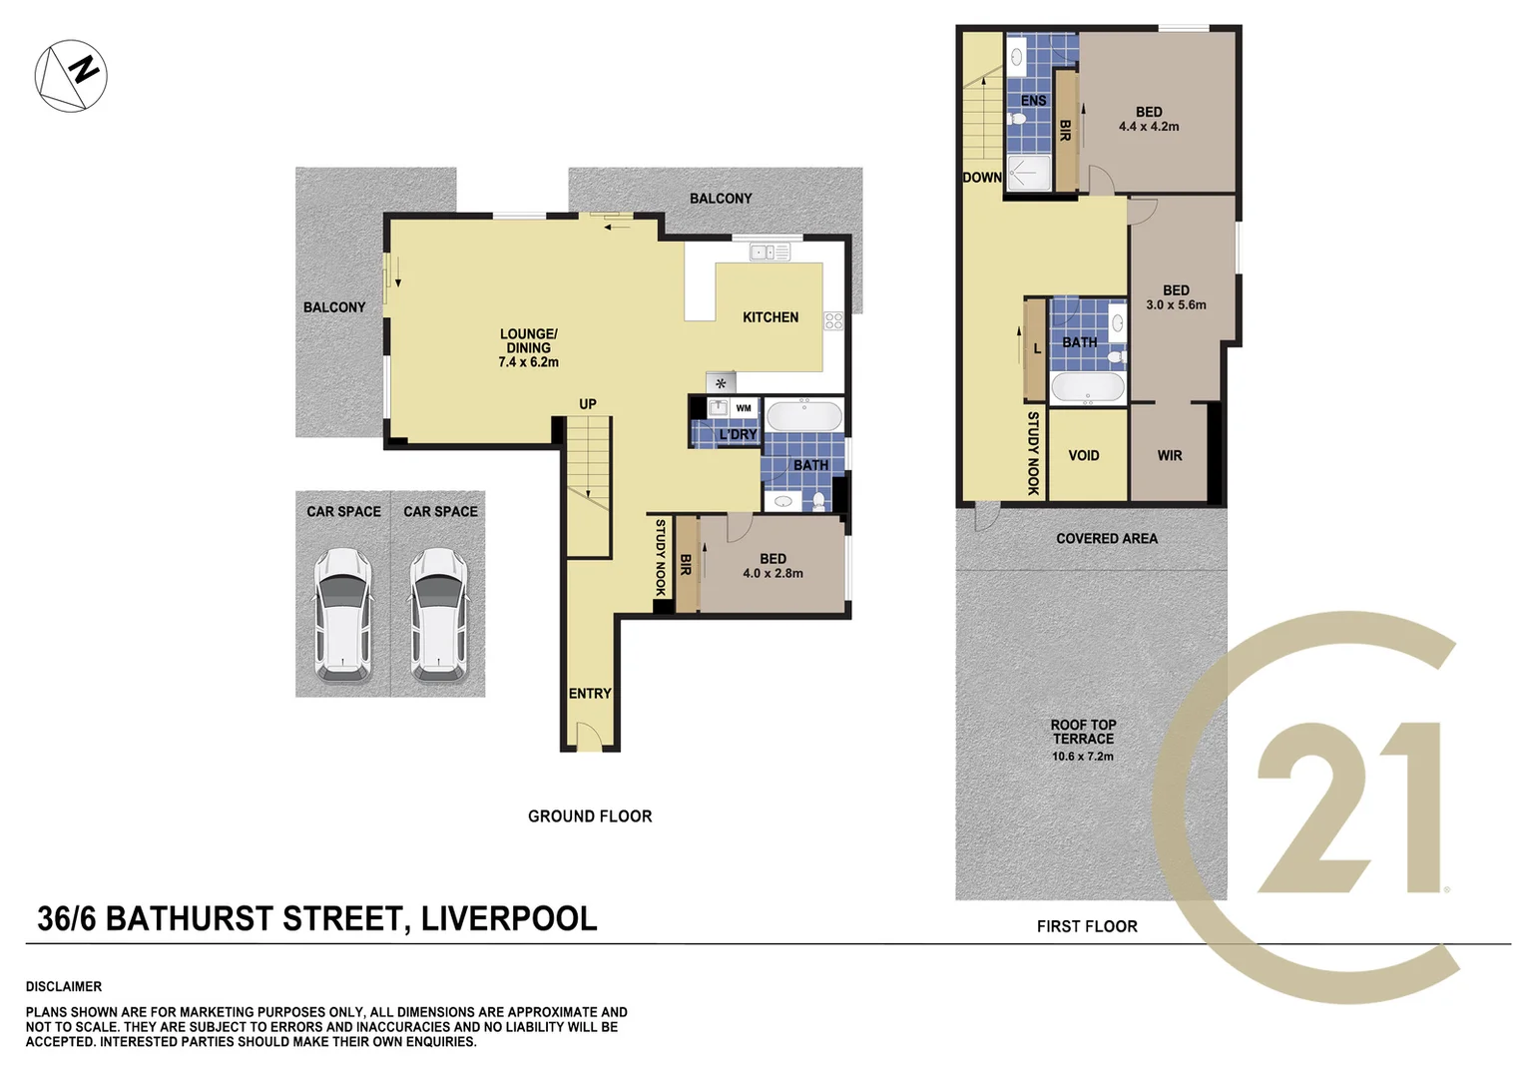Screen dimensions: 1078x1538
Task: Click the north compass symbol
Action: (x=71, y=75)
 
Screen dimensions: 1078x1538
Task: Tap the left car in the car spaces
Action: (x=343, y=615)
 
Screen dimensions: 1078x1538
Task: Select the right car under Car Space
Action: (x=439, y=615)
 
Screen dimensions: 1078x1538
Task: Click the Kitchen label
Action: (x=769, y=317)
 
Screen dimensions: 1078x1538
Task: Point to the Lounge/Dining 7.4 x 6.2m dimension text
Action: (x=528, y=362)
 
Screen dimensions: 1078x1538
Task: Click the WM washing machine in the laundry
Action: (x=744, y=408)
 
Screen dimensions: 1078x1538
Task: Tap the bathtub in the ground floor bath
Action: (x=803, y=415)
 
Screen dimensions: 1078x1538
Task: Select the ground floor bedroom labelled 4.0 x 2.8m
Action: (x=772, y=566)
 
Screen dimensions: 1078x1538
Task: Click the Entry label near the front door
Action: (x=589, y=694)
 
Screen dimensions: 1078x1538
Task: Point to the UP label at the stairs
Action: (x=588, y=404)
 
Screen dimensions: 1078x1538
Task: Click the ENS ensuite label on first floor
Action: (x=1033, y=101)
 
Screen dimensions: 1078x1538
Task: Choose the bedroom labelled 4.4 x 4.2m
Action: (x=1149, y=120)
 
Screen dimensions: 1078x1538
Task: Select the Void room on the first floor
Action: (x=1084, y=455)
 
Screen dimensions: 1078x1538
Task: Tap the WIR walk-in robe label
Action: (x=1170, y=455)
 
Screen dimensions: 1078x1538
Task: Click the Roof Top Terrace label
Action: (x=1083, y=732)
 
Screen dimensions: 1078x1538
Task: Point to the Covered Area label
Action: (x=1107, y=538)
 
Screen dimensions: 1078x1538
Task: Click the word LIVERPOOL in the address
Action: (x=509, y=918)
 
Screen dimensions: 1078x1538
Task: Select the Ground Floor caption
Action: (x=590, y=816)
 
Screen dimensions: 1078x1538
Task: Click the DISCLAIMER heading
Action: (x=64, y=986)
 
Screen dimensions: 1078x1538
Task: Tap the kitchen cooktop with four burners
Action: (x=833, y=320)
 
